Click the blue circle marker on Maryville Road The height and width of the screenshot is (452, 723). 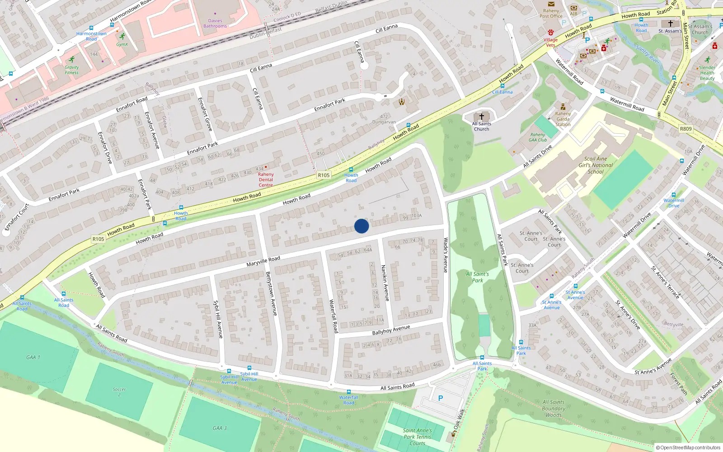pyautogui.click(x=361, y=226)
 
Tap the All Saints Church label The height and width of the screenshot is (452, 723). pyautogui.click(x=482, y=126)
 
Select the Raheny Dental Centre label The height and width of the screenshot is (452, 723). pyautogui.click(x=266, y=179)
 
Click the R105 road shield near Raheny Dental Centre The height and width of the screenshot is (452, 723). pyautogui.click(x=324, y=175)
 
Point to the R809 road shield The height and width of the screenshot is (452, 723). pyautogui.click(x=685, y=129)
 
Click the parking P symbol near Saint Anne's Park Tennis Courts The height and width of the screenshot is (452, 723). pyautogui.click(x=441, y=398)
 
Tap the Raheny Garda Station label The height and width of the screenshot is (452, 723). pyautogui.click(x=563, y=119)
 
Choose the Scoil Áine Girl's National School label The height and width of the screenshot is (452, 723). pyautogui.click(x=596, y=165)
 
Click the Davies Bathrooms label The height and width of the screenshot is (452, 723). pyautogui.click(x=215, y=23)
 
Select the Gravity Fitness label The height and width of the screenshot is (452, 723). pyautogui.click(x=71, y=70)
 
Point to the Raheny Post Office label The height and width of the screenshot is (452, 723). pyautogui.click(x=551, y=13)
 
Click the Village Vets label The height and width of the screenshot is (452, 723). pyautogui.click(x=550, y=42)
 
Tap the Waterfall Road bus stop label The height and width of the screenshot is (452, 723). pyautogui.click(x=348, y=400)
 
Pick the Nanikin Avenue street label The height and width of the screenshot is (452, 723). pyautogui.click(x=385, y=283)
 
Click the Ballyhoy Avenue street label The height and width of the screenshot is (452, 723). pyautogui.click(x=391, y=330)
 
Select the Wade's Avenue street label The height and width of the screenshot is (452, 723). pyautogui.click(x=446, y=255)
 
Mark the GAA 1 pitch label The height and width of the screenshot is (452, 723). pyautogui.click(x=33, y=357)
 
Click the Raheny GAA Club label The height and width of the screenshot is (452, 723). pyautogui.click(x=538, y=137)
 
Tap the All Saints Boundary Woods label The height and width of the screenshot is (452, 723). pyautogui.click(x=554, y=408)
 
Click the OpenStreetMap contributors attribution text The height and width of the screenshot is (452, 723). pyautogui.click(x=688, y=447)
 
